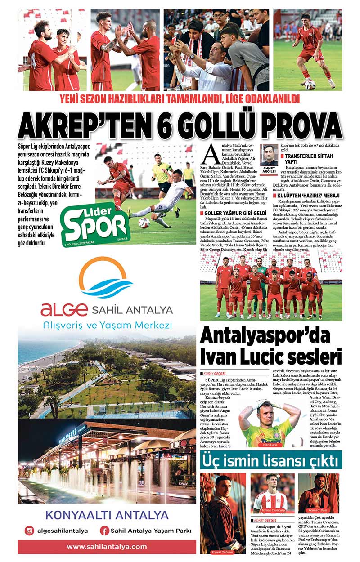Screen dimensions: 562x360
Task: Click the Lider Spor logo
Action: tap(95, 223)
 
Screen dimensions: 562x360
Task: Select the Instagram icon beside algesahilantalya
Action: tap(30, 531)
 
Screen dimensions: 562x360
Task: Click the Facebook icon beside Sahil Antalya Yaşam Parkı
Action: tap(105, 531)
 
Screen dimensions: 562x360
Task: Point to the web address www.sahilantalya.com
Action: tap(107, 547)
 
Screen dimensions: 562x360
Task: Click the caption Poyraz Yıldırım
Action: tap(223, 552)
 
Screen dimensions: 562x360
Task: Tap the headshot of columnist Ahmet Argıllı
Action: tap(269, 156)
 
